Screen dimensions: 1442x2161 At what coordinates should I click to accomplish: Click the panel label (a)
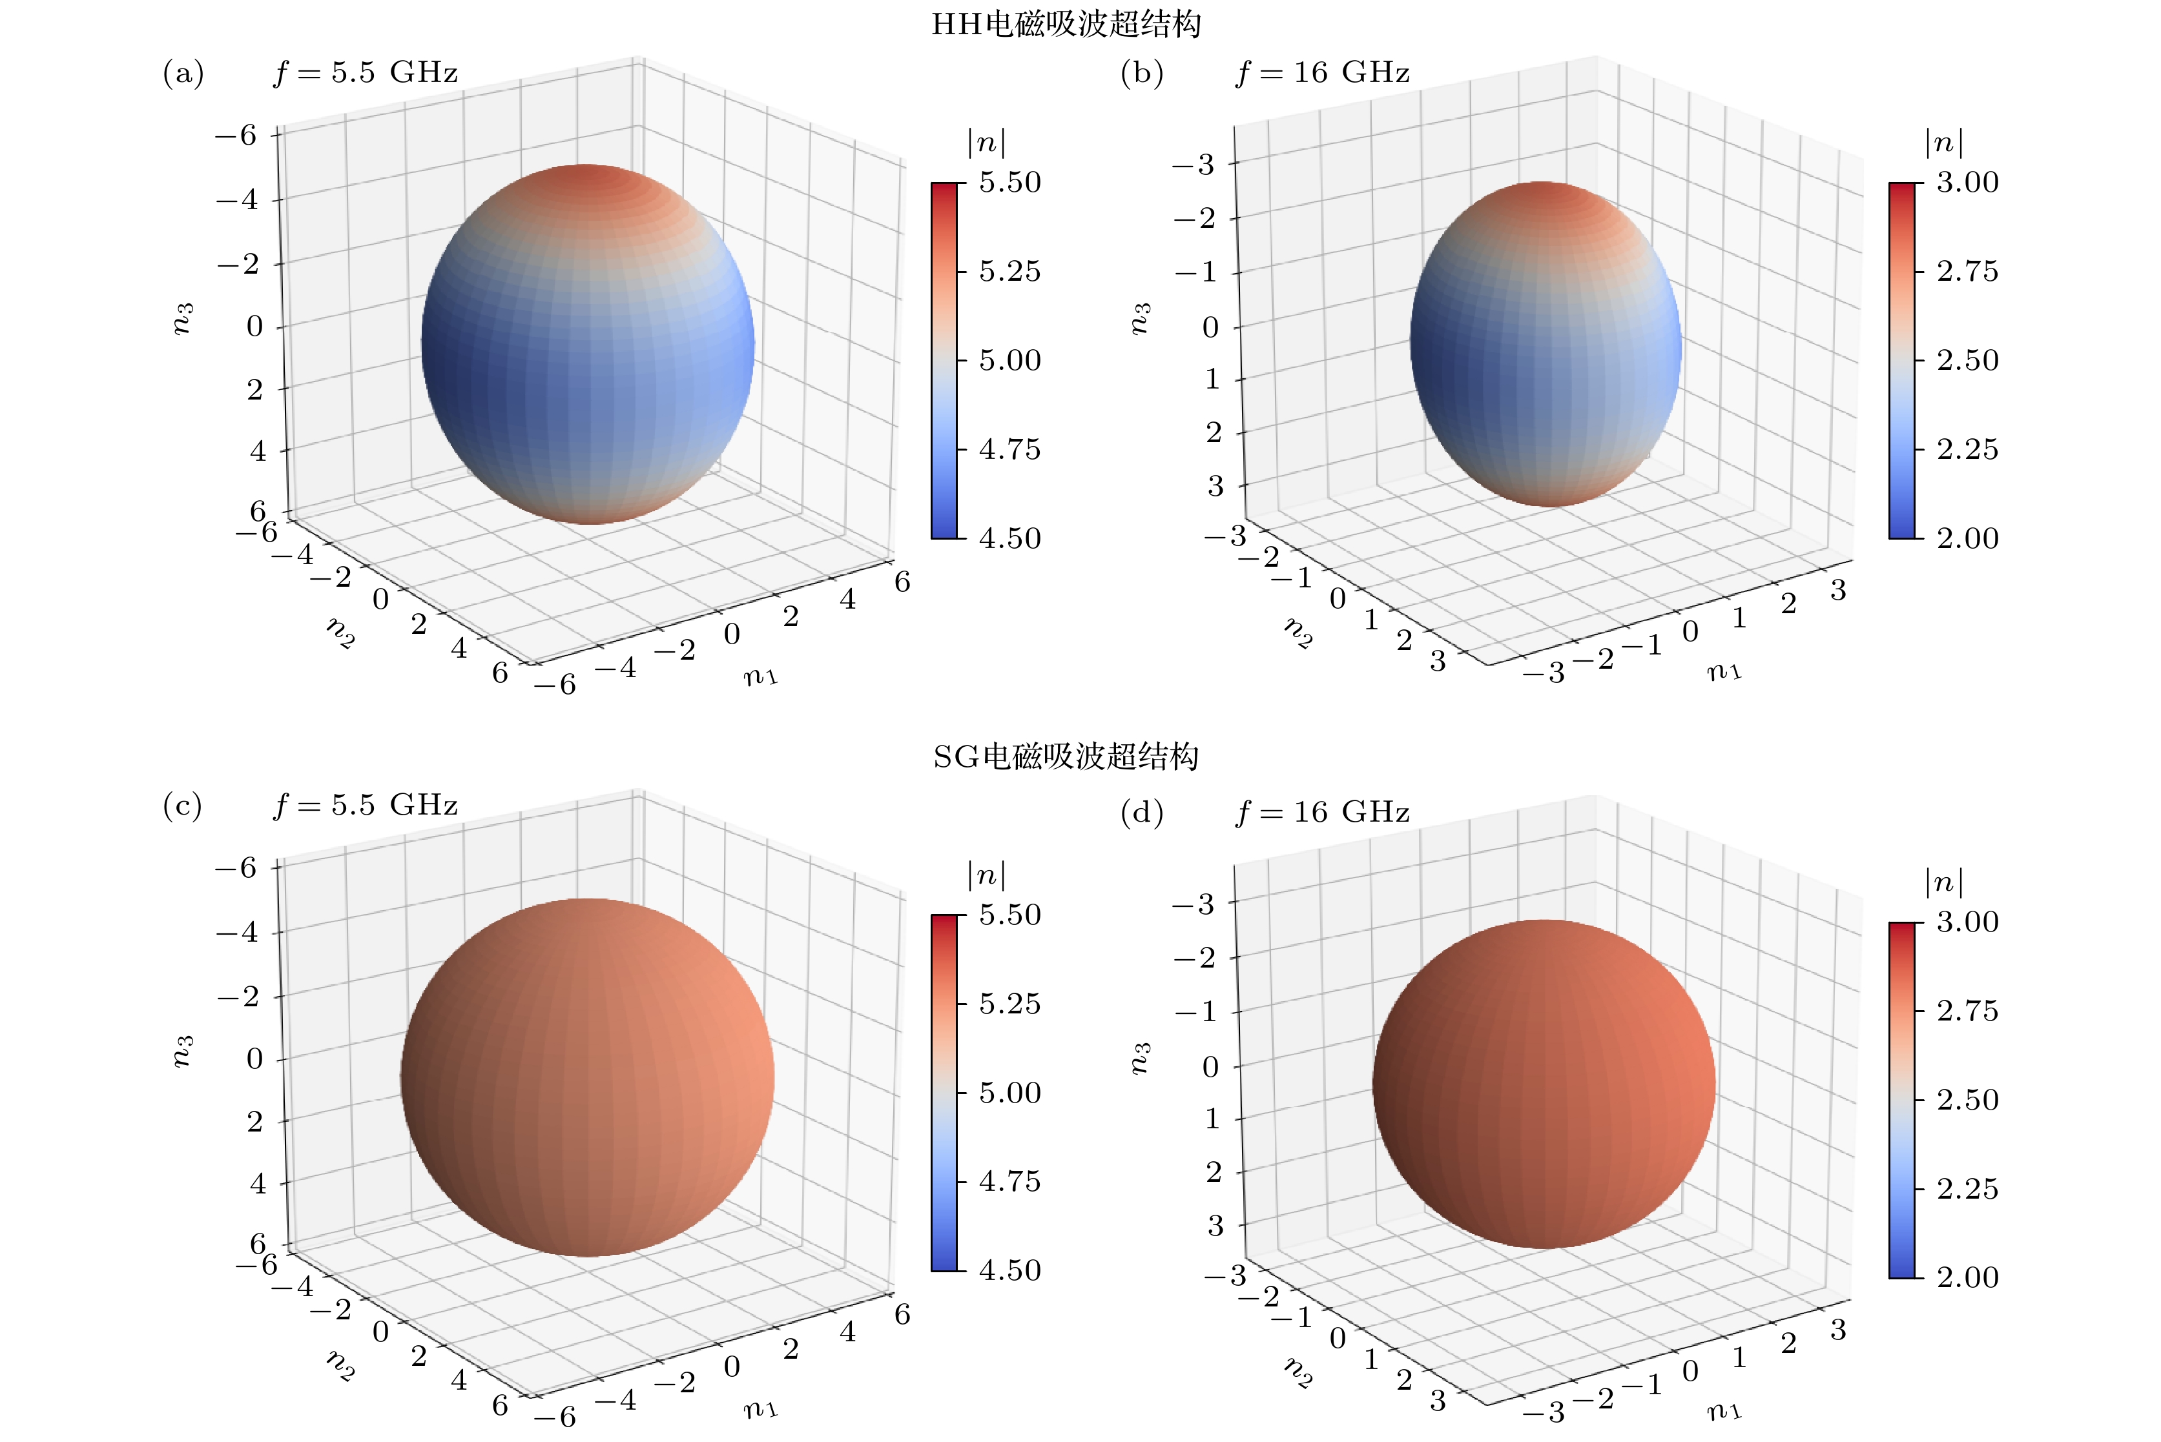click(183, 73)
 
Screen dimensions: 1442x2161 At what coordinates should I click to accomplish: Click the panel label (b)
click(1142, 73)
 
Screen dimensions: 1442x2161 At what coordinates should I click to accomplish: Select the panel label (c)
click(182, 806)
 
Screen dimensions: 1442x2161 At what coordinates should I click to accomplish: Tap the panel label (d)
click(1142, 812)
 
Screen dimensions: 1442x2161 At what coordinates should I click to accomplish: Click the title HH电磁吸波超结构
click(1066, 24)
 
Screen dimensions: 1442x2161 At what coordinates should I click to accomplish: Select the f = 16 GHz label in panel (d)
click(1322, 812)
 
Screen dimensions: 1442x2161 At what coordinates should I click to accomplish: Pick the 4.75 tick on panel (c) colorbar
click(1009, 1181)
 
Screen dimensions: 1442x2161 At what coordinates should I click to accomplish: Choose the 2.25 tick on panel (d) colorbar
click(1967, 1188)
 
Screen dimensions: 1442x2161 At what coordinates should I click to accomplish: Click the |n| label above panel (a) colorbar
click(986, 143)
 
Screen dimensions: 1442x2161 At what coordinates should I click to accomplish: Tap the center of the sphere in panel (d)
click(1544, 1083)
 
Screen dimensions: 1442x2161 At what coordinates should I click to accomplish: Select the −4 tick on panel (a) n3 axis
click(238, 199)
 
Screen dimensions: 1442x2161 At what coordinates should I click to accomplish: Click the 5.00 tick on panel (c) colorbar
click(1009, 1093)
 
